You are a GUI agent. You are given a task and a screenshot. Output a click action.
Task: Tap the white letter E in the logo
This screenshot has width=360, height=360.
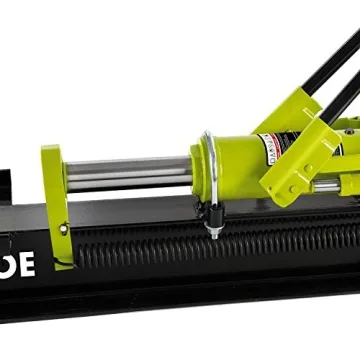point(27,264)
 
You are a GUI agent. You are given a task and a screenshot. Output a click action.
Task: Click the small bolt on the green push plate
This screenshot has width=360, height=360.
point(63,229)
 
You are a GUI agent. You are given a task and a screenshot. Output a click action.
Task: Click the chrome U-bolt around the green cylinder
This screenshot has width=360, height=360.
point(207,165)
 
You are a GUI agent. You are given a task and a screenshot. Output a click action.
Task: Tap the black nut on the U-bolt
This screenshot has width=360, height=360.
point(213,216)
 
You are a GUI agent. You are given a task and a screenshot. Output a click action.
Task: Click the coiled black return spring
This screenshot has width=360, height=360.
point(200,250)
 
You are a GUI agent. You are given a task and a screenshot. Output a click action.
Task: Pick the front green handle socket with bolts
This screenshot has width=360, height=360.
point(300,165)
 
